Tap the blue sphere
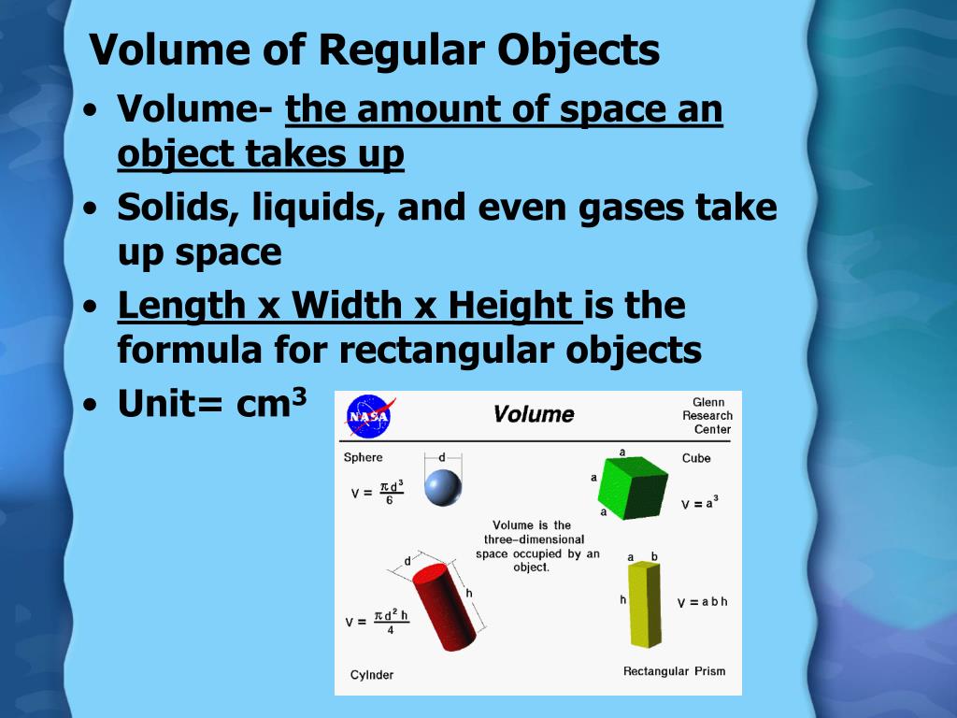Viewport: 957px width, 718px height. [x=443, y=487]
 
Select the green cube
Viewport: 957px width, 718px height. [x=634, y=482]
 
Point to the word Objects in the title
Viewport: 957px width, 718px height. [x=578, y=50]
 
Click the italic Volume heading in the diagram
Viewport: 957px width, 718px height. [x=534, y=414]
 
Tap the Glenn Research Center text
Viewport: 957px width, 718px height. [x=707, y=416]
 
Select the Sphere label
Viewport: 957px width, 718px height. [x=363, y=457]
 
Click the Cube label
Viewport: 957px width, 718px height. [x=696, y=458]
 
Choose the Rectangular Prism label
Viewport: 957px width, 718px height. [x=674, y=671]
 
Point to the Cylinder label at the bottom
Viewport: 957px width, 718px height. [x=372, y=675]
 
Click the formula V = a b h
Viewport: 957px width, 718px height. [x=702, y=602]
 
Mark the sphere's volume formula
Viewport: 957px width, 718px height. [x=378, y=492]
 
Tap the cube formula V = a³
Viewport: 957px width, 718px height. [x=699, y=503]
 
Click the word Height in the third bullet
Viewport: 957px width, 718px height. [x=510, y=306]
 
